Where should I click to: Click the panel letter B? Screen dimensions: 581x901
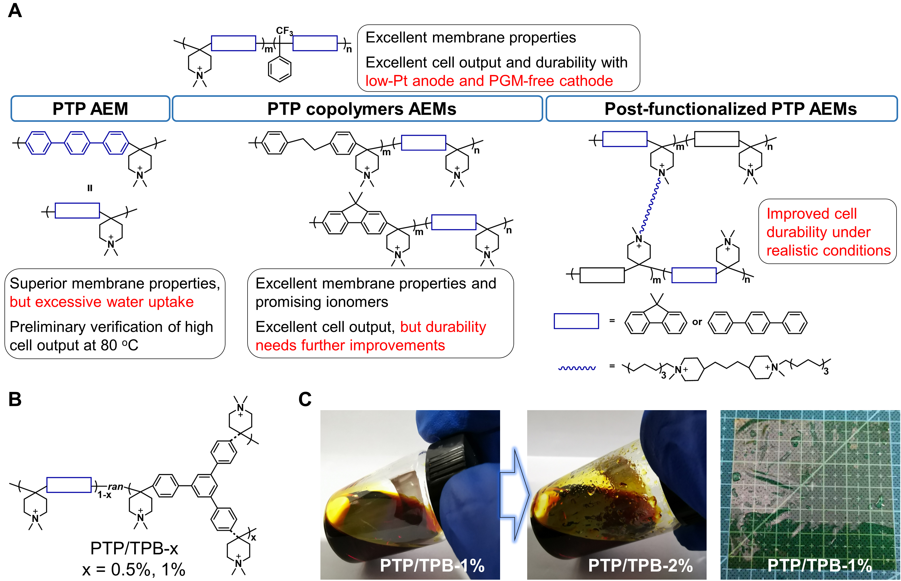[x=15, y=399]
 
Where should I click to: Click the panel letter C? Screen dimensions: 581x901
[x=305, y=399]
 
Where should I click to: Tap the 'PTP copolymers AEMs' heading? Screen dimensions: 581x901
[x=361, y=109]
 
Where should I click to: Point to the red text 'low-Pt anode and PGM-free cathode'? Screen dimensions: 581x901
[x=489, y=81]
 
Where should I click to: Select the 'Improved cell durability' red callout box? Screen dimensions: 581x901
[x=828, y=232]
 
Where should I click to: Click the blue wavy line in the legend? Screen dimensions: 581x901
[x=577, y=368]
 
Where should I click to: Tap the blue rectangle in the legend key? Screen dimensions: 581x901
[x=576, y=321]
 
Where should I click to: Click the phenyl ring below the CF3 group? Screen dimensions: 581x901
[x=279, y=69]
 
